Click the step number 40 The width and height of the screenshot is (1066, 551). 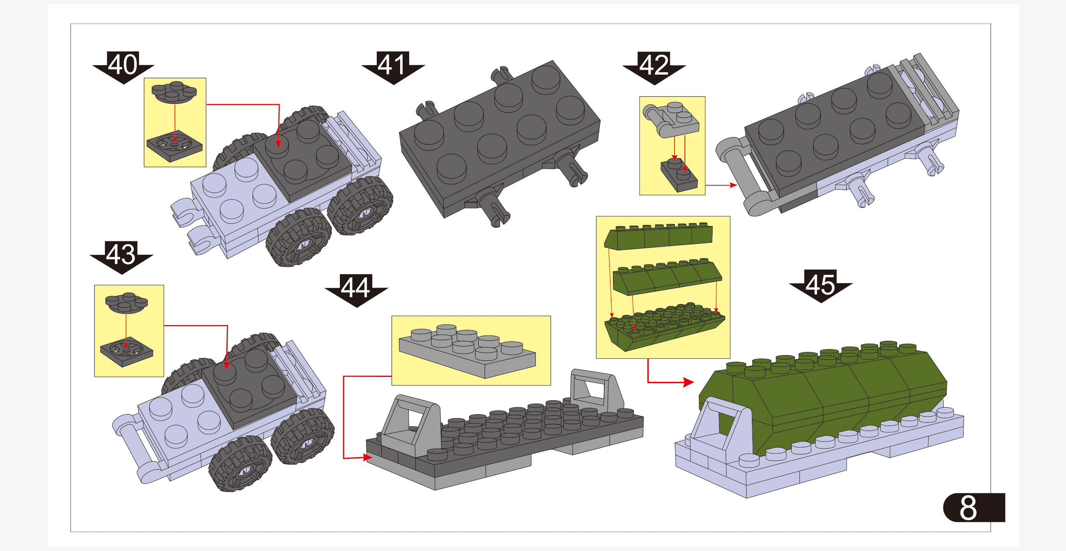click(x=123, y=65)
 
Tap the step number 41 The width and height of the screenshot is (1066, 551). click(x=392, y=65)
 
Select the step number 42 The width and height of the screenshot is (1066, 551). click(x=654, y=65)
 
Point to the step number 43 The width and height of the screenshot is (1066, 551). click(x=121, y=255)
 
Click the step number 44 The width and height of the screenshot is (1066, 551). click(x=355, y=288)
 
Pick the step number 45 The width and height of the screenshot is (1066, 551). click(x=820, y=284)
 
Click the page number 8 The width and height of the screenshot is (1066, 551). click(x=968, y=508)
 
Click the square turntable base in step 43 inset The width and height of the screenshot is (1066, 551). click(x=126, y=351)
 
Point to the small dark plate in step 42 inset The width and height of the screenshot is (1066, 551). click(x=679, y=176)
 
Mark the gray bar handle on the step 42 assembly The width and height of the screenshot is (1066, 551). click(x=741, y=178)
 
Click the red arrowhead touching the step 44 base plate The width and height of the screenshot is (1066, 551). click(x=367, y=457)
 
